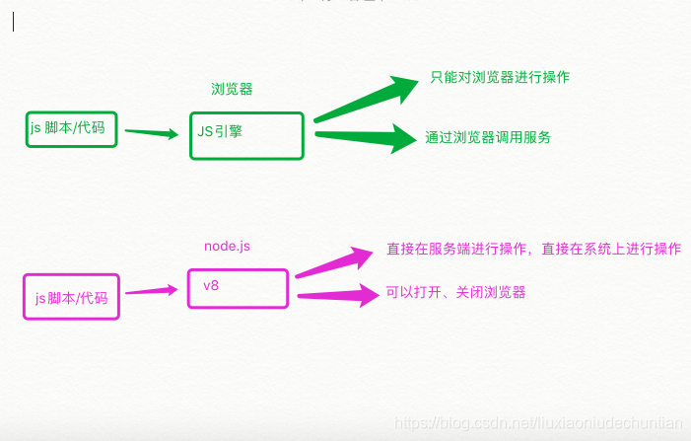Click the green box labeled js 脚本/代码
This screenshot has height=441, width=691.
pos(71,129)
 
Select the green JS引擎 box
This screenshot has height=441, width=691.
pos(247,135)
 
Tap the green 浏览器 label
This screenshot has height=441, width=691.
pos(232,89)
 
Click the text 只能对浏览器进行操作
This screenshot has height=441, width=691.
pos(500,77)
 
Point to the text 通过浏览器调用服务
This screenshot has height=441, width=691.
pos(488,138)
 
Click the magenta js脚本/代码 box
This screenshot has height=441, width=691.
pos(71,296)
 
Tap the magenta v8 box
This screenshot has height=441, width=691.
pos(239,288)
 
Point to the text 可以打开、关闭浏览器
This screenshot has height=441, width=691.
pos(455,292)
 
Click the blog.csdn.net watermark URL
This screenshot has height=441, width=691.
pos(537,422)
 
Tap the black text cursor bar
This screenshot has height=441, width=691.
pos(13,22)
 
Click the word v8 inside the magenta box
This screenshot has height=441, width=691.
pos(211,285)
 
